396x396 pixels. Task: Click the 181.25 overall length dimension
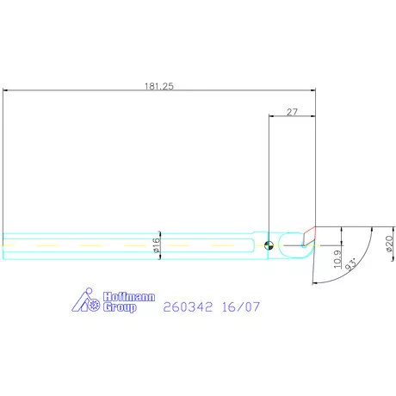point(159,86)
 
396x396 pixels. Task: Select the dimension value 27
point(292,112)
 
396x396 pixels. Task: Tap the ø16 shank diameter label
point(157,245)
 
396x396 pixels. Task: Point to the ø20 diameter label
point(389,244)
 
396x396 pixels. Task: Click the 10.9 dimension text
point(337,259)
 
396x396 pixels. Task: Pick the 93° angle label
point(351,264)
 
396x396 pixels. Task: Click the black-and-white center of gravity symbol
point(269,245)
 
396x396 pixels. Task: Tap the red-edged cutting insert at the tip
point(309,237)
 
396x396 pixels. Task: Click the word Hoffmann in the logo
point(129,297)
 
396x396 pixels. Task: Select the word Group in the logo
point(120,307)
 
